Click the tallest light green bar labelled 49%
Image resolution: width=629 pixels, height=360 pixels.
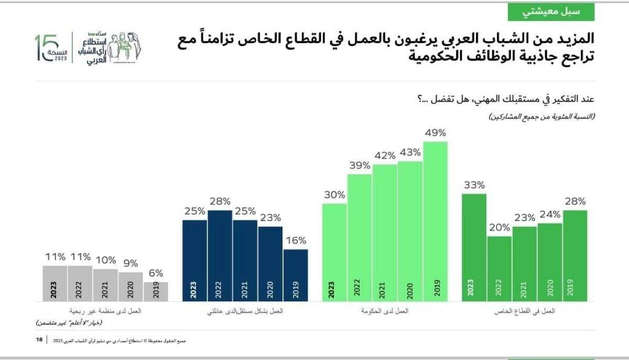[435, 220]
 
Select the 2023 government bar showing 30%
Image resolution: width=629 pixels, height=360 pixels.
[334, 252]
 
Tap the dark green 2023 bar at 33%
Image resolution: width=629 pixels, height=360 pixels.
[474, 246]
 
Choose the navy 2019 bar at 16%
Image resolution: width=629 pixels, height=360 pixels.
[296, 275]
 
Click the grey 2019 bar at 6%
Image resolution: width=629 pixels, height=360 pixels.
[156, 291]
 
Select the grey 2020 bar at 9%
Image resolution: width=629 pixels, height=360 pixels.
[131, 286]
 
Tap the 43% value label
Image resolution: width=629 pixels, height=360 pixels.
[410, 152]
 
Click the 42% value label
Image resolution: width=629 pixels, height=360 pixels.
[384, 156]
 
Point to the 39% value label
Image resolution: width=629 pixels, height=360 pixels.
[359, 166]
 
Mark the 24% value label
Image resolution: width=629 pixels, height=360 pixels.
[550, 214]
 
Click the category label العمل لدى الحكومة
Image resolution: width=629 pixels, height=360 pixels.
[385, 311]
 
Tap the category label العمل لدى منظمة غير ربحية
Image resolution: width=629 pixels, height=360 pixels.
[105, 311]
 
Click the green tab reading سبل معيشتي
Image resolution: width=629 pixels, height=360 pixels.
[551, 11]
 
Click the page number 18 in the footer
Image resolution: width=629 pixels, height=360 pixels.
[39, 341]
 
